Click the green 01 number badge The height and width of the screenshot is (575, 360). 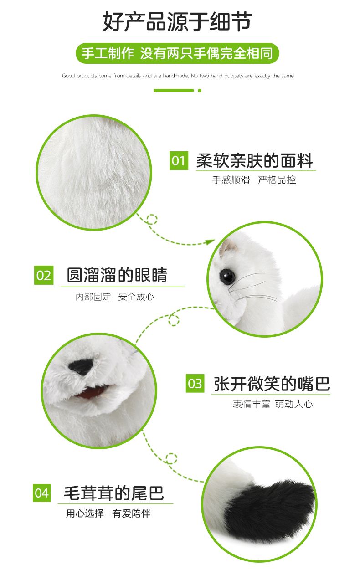pyautogui.click(x=179, y=160)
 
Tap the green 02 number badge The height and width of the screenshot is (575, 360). pyautogui.click(x=44, y=275)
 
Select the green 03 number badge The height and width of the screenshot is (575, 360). pyautogui.click(x=195, y=383)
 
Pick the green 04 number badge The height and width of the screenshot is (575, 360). pyautogui.click(x=42, y=493)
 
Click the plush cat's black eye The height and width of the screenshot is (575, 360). pyautogui.click(x=227, y=276)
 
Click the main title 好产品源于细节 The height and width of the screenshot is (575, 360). pyautogui.click(x=177, y=21)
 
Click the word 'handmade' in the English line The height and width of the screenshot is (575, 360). pyautogui.click(x=175, y=76)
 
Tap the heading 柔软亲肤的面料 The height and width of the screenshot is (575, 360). pyautogui.click(x=255, y=161)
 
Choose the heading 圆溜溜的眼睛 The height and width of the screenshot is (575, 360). pyautogui.click(x=117, y=275)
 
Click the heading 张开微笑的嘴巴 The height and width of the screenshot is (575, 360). pyautogui.click(x=272, y=384)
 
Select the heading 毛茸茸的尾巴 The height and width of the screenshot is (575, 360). pyautogui.click(x=114, y=493)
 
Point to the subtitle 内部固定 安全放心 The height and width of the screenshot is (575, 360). pyautogui.click(x=115, y=297)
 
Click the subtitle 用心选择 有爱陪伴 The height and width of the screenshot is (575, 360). pyautogui.click(x=108, y=513)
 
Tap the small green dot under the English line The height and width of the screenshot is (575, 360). pyautogui.click(x=200, y=91)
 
